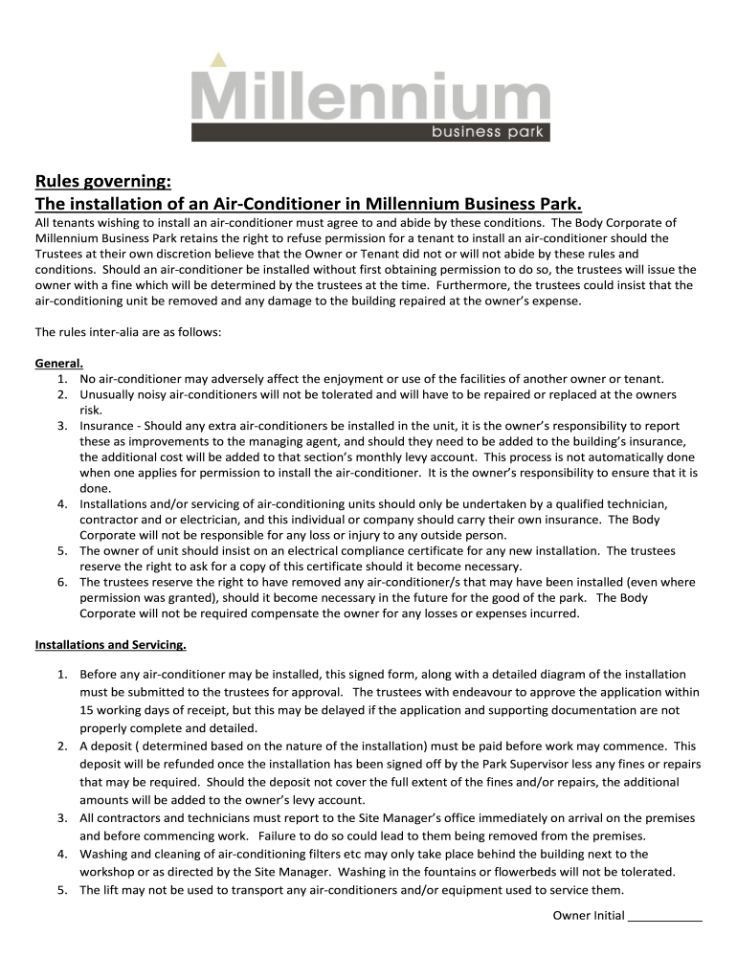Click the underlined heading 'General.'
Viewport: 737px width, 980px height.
point(59,364)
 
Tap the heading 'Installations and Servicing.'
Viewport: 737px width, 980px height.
point(110,644)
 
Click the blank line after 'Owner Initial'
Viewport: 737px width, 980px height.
point(664,916)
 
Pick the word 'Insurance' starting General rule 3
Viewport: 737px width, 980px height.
point(106,426)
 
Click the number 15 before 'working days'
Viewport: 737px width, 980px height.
point(86,710)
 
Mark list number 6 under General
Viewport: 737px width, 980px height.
point(61,582)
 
